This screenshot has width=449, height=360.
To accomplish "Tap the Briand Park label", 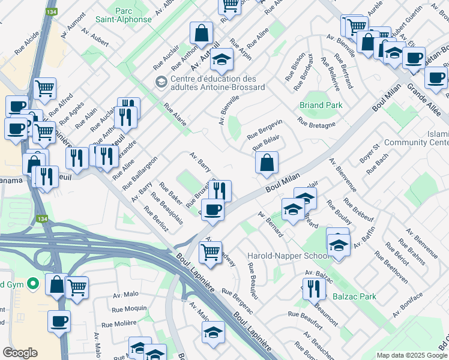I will pyautogui.click(x=321, y=105).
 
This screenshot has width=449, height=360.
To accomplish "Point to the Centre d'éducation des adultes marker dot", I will pyautogui.click(x=160, y=82).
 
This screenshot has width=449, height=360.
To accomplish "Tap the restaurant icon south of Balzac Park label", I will pyautogui.click(x=314, y=289).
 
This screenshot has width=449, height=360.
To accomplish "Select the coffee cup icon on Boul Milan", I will pyautogui.click(x=212, y=209).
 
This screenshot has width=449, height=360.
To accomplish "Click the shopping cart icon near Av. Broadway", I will pyautogui.click(x=210, y=252).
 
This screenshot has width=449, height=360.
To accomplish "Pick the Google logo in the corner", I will pyautogui.click(x=20, y=352).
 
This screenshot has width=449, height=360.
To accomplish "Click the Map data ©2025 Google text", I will pyautogui.click(x=412, y=355).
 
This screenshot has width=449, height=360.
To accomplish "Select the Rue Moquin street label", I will pyautogui.click(x=129, y=308).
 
